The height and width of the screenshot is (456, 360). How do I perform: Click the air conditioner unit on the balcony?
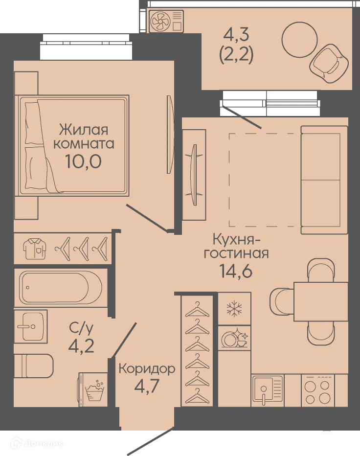click(165, 22)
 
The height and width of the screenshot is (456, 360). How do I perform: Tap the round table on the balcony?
click(298, 39)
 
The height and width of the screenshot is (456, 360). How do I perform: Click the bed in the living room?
click(73, 145)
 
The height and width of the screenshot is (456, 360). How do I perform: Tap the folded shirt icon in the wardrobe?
click(35, 249)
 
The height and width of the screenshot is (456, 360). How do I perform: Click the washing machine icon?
click(93, 389)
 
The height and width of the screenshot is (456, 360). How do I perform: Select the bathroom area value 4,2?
click(81, 346)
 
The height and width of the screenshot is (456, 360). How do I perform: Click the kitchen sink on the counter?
click(267, 390)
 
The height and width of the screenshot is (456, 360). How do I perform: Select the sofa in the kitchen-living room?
click(320, 180)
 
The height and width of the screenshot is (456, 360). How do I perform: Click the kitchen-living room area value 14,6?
click(236, 271)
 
